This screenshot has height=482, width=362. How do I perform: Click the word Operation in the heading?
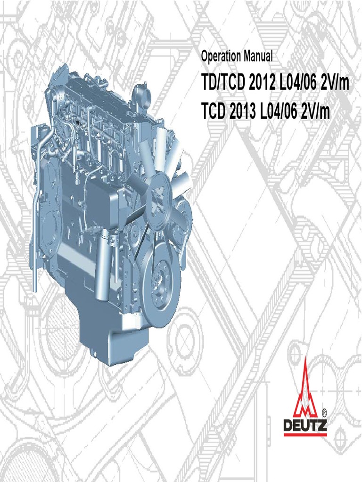tap(221, 57)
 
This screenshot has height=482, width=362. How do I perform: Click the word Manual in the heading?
tap(258, 56)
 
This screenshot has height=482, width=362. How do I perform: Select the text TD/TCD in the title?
tap(223, 83)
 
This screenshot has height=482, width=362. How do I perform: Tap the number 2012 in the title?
tap(261, 83)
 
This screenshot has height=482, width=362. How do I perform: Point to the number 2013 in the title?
tap(243, 112)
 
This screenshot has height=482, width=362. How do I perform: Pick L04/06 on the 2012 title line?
tap(297, 83)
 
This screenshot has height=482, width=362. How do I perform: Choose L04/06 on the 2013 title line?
tap(279, 112)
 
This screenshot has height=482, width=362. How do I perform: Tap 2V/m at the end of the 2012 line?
tap(335, 83)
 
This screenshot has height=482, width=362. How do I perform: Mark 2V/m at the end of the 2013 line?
tap(315, 112)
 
